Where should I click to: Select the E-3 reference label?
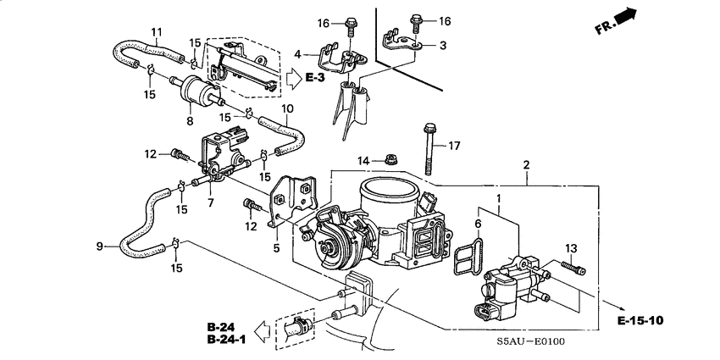pyautogui.click(x=315, y=79)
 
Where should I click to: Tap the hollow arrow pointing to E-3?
pyautogui.click(x=291, y=79)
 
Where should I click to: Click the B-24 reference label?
pyautogui.click(x=219, y=327)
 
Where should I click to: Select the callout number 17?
pyautogui.click(x=454, y=146)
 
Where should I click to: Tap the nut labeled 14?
pyautogui.click(x=392, y=158)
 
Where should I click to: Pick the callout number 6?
pyautogui.click(x=478, y=224)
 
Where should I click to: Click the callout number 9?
pyautogui.click(x=100, y=246)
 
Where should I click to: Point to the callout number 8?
pyautogui.click(x=190, y=120)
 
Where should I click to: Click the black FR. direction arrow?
pyautogui.click(x=624, y=16)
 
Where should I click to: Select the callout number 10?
pyautogui.click(x=287, y=108)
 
